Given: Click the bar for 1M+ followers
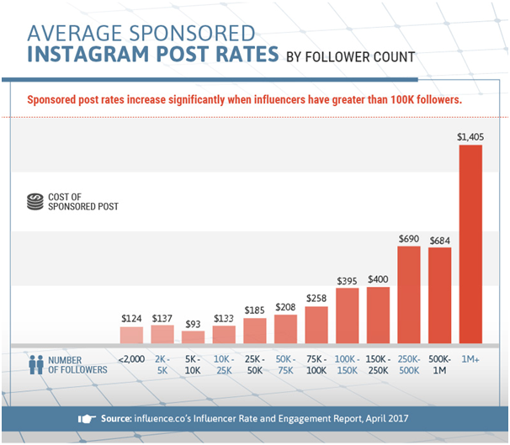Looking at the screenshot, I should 470,244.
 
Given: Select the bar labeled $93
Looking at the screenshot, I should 193,336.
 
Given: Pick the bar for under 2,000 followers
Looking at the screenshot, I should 132,335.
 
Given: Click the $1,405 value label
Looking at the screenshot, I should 470,136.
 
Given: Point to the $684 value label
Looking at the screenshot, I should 439,241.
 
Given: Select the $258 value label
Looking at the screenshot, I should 316,299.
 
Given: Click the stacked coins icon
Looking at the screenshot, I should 35,202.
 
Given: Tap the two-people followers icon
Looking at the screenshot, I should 35,365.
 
